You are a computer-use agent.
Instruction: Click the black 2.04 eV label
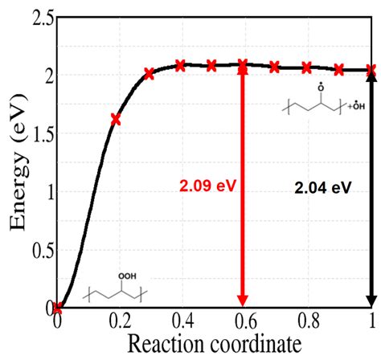(x=323, y=186)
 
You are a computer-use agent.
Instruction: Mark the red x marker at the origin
(x=57, y=307)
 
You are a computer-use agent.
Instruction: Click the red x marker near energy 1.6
(x=116, y=119)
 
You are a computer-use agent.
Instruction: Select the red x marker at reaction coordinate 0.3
(x=149, y=74)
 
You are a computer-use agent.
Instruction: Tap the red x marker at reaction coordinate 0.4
(x=180, y=65)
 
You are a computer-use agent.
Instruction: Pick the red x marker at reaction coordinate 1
(x=371, y=71)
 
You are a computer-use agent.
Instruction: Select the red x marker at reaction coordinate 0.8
(x=306, y=67)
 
